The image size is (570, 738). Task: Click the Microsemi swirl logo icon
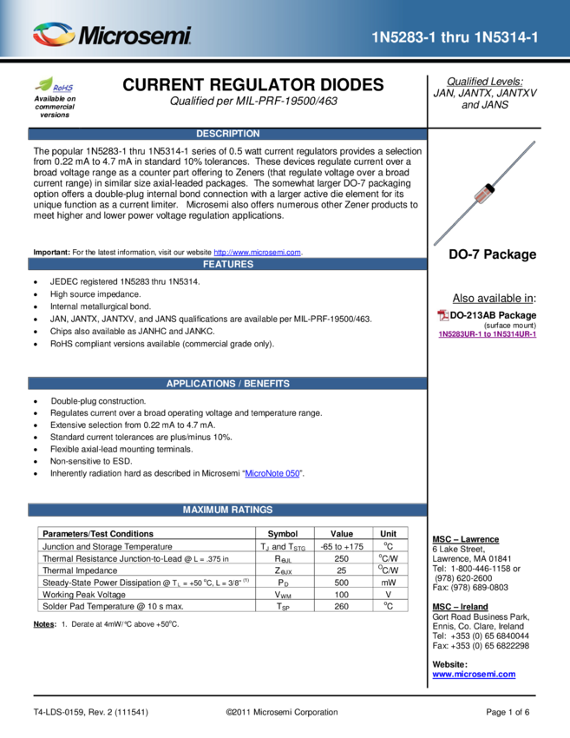click(x=54, y=35)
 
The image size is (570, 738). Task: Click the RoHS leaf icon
click(x=44, y=84)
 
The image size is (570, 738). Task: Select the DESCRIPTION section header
click(x=227, y=134)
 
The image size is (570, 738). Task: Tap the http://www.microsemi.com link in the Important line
click(x=258, y=253)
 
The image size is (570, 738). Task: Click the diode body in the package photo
click(x=484, y=193)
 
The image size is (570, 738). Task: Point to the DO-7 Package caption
click(x=493, y=254)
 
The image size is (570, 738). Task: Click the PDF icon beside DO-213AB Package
click(x=443, y=315)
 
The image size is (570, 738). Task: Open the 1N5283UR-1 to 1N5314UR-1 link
click(x=488, y=334)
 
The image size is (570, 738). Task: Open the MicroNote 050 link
click(x=272, y=473)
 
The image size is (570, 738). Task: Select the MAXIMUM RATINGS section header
click(x=227, y=510)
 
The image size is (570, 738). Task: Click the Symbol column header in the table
click(x=283, y=534)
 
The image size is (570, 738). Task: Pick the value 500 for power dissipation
click(x=342, y=583)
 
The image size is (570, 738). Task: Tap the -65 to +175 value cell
click(x=342, y=546)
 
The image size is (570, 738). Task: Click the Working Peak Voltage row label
click(x=84, y=595)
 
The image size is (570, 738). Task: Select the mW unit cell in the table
click(x=389, y=583)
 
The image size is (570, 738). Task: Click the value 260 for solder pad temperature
click(x=342, y=606)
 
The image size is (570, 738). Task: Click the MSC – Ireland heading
click(x=461, y=607)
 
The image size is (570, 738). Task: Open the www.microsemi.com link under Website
click(x=474, y=674)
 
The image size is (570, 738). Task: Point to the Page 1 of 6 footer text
click(x=508, y=712)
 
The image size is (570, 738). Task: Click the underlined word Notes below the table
click(x=44, y=624)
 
